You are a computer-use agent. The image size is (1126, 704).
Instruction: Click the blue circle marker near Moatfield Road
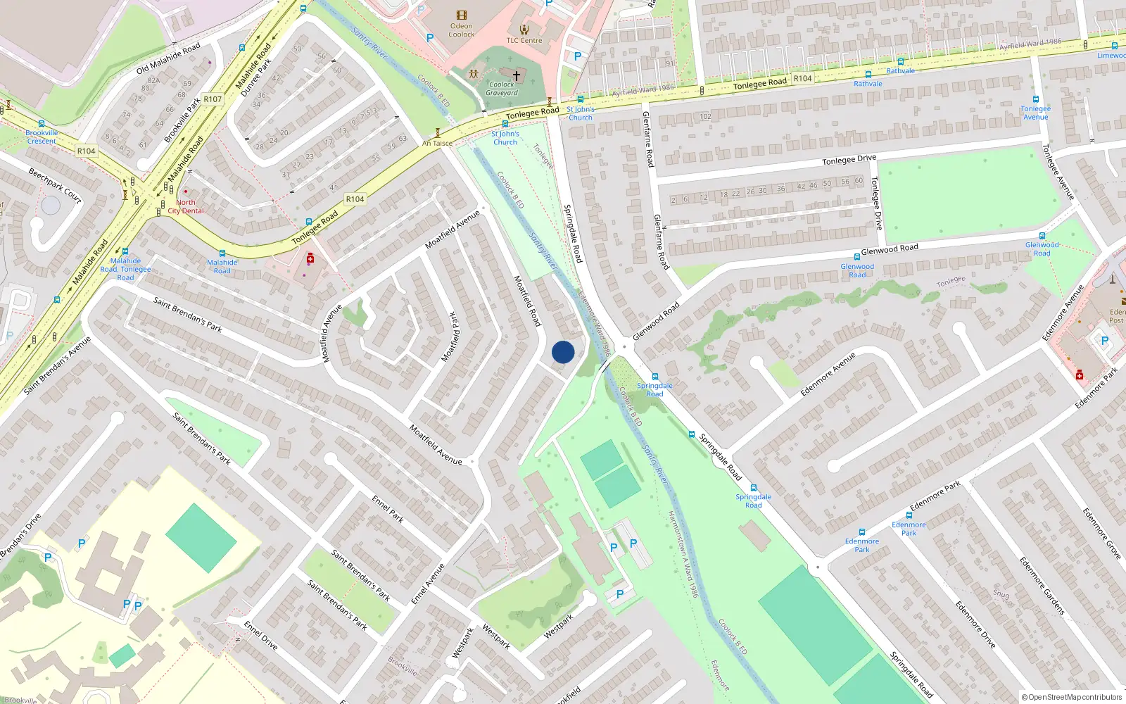point(563,352)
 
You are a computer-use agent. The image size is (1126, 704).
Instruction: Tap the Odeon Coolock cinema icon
point(461,15)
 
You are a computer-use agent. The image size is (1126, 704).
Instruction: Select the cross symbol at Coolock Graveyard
point(517,75)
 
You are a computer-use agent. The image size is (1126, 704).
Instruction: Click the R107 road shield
point(213,99)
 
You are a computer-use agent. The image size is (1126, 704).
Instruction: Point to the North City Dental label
point(186,206)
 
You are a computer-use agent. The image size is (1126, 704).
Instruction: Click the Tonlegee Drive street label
point(849,161)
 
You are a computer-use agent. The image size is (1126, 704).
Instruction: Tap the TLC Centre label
point(524,41)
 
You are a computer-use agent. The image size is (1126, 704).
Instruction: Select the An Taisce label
point(437,144)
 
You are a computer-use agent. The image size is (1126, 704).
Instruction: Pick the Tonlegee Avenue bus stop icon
point(1036,99)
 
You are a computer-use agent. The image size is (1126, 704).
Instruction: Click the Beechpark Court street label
point(55,185)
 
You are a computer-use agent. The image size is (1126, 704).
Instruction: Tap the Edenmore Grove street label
point(1101,533)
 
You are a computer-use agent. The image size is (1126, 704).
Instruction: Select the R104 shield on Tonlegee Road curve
point(355,199)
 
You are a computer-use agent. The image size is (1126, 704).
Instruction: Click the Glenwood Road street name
point(890,249)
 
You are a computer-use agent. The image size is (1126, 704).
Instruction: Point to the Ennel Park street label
point(388,509)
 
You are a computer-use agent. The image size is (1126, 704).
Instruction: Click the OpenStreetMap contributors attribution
point(1072,697)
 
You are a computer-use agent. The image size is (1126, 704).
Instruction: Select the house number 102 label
point(705,117)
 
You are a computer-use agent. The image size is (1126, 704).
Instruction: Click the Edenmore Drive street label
point(975,624)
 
